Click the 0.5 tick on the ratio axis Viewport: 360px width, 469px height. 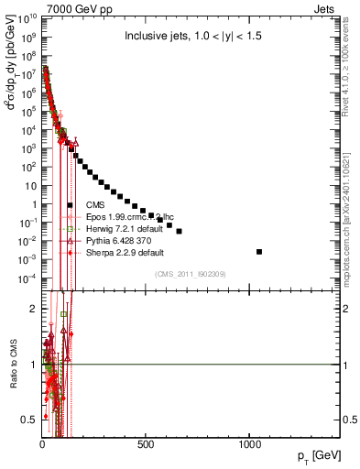[x=28, y=420]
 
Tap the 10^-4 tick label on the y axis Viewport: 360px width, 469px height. [x=26, y=278]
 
